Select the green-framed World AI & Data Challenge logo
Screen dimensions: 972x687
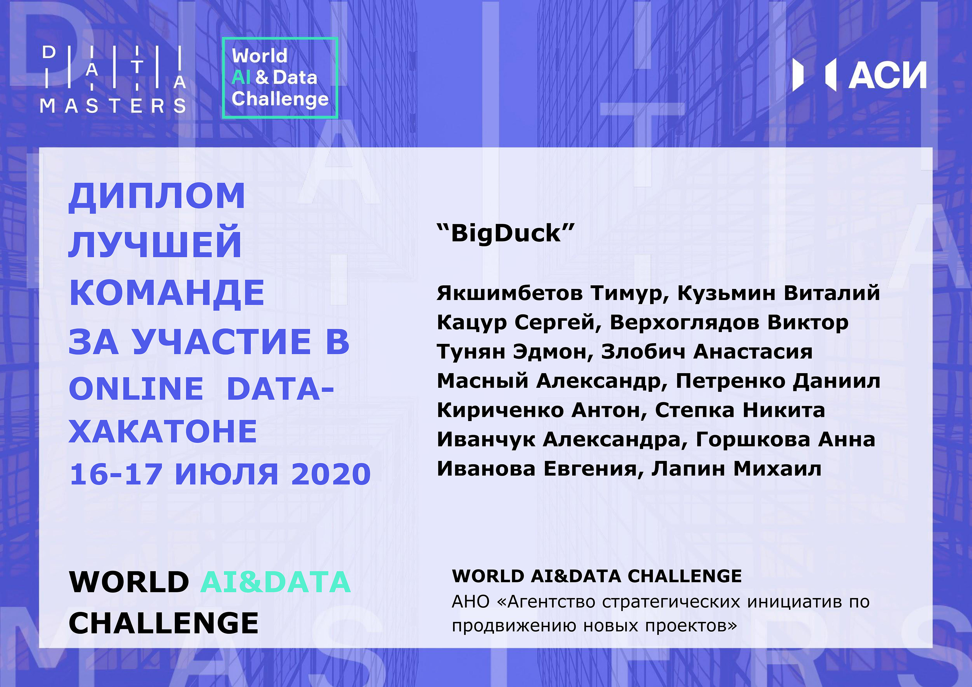pos(280,78)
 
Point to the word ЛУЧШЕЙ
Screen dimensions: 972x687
pos(155,244)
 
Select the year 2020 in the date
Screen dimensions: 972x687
pos(331,474)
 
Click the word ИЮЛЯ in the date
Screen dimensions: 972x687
pos(226,474)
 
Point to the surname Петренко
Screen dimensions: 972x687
pos(731,381)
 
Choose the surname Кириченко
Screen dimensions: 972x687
pos(500,410)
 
